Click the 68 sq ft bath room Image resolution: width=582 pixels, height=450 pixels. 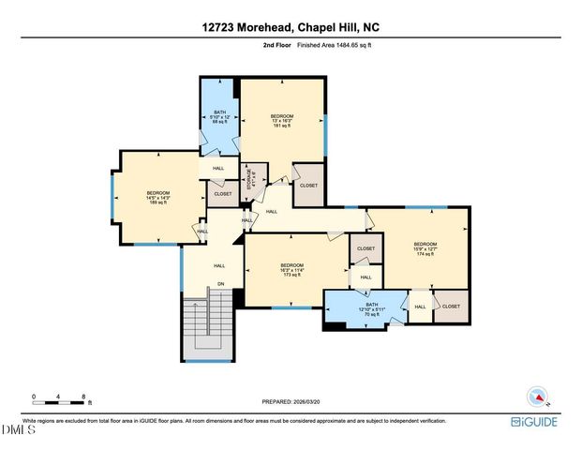220,117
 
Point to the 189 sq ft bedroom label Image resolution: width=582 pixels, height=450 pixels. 157,198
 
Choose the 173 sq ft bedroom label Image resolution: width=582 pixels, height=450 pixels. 290,271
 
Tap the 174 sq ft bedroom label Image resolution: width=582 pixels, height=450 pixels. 425,248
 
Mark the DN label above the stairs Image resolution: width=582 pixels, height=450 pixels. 220,285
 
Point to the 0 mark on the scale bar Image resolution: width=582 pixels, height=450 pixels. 33,397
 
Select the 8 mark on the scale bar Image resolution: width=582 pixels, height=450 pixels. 84,397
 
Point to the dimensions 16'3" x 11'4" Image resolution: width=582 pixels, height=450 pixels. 290,270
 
